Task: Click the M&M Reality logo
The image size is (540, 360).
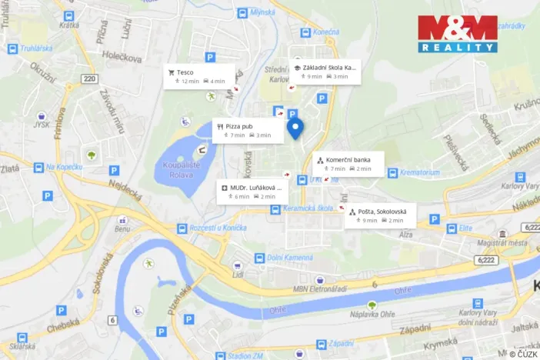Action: (457, 34)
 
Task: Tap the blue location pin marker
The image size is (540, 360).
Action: (295, 129)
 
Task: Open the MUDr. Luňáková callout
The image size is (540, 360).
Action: (253, 192)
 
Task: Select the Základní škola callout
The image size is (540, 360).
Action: (325, 72)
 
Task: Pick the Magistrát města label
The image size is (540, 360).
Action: (502, 243)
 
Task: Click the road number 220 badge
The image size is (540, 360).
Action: (90, 78)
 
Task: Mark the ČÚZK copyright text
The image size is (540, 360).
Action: (522, 354)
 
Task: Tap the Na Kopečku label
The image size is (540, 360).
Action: (64, 167)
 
